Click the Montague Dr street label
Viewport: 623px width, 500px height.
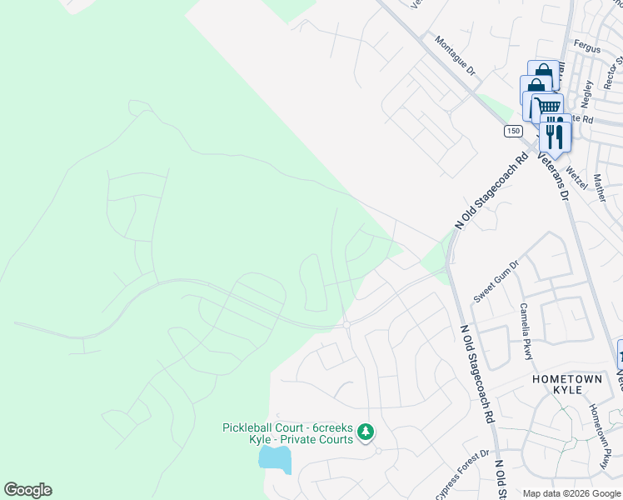coord(454,56)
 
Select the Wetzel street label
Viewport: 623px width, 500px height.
coord(576,176)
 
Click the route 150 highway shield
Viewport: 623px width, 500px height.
coord(512,131)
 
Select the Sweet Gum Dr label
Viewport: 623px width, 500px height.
coord(496,282)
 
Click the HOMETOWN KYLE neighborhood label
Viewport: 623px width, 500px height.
coord(567,379)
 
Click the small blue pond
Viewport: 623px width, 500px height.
coord(275,458)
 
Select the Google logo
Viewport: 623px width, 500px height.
coord(27,490)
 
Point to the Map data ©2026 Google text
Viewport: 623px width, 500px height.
coord(571,493)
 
